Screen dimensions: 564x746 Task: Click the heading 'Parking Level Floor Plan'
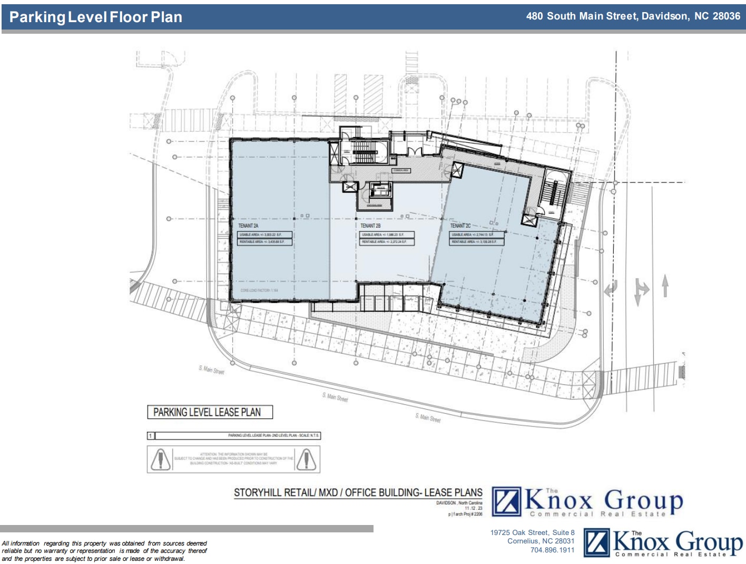(96, 17)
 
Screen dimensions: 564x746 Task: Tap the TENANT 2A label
(248, 226)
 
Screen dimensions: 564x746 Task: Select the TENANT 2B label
(370, 226)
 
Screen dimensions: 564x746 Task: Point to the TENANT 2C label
(460, 226)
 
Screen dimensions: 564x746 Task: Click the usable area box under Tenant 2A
(264, 235)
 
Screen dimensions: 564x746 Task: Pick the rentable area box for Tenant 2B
(387, 242)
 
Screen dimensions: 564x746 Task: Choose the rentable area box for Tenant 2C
(476, 242)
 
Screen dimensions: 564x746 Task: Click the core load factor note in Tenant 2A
(259, 290)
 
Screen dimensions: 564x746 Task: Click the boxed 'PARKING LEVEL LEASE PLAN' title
(210, 412)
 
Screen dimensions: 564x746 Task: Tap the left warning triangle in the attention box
(160, 459)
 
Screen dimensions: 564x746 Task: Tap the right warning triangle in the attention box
(306, 459)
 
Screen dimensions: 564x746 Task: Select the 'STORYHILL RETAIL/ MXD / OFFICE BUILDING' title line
(358, 493)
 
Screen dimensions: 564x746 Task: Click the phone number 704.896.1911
(552, 550)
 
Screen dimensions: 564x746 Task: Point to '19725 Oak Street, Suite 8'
(532, 532)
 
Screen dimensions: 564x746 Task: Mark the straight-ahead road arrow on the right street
(665, 286)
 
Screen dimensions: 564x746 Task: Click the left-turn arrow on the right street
(611, 289)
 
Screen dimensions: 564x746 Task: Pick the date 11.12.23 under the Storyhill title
(473, 509)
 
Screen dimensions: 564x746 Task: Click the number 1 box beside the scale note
(151, 436)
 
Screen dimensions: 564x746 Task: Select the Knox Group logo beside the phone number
(663, 543)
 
